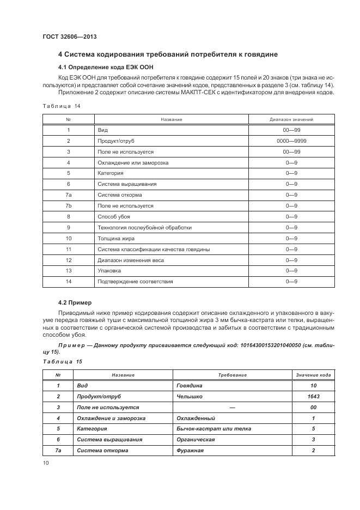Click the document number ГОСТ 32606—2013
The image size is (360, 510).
[x=66, y=37]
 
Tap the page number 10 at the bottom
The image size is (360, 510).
[x=45, y=463]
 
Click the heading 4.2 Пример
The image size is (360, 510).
[x=75, y=302]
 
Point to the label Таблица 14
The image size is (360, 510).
[x=61, y=106]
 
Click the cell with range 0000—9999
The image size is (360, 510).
[x=291, y=141]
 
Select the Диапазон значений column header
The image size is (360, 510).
[x=291, y=119]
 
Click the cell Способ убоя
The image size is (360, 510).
[x=113, y=217]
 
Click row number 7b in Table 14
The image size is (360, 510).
[x=69, y=206]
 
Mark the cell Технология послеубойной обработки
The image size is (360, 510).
[x=144, y=228]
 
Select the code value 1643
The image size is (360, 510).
[x=313, y=396]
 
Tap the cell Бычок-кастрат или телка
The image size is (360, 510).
[x=213, y=429]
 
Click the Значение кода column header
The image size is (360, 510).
[x=313, y=375]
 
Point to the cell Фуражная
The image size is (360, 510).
[x=190, y=451]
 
